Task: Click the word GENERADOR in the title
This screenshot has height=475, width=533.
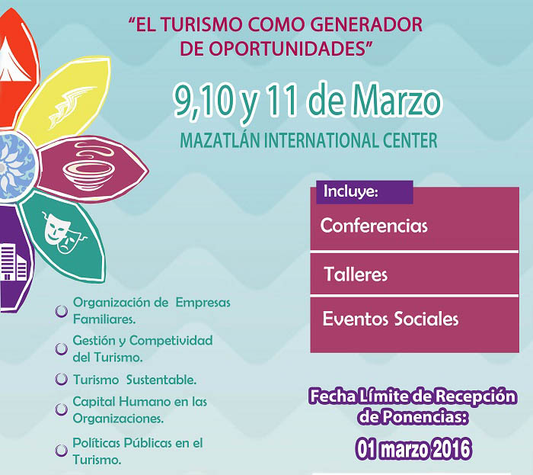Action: click(x=366, y=24)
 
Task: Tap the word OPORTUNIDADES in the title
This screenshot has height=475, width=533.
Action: click(x=285, y=49)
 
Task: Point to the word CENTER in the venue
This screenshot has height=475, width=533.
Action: click(x=410, y=140)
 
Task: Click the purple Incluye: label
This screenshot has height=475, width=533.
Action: click(x=365, y=192)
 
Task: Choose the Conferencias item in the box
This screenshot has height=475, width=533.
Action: click(x=374, y=226)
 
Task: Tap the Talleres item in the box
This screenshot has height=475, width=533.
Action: click(x=356, y=274)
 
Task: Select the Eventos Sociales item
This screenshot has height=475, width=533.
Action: click(x=391, y=319)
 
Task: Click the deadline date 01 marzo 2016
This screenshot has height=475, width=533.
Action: click(x=413, y=449)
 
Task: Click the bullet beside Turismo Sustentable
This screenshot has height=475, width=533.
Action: click(x=62, y=380)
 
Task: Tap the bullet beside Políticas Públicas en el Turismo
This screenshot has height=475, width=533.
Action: click(x=62, y=450)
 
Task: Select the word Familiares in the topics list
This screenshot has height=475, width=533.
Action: click(x=104, y=319)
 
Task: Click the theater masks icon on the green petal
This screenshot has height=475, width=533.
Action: click(x=63, y=233)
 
